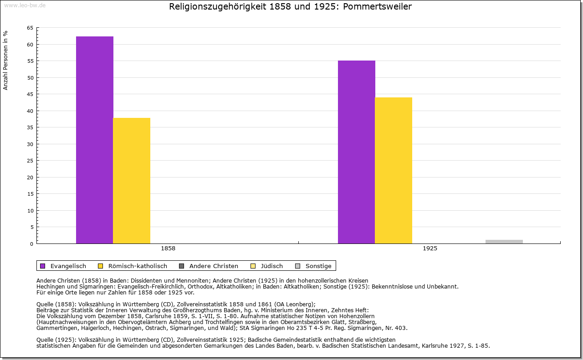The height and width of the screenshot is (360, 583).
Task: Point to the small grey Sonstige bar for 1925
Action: [504, 242]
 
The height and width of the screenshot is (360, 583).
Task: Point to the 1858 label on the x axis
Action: [168, 249]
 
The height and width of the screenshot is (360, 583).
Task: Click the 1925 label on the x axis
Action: [430, 249]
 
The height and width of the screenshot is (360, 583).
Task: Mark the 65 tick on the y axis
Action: [30, 28]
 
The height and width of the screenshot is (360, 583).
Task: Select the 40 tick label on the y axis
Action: [30, 111]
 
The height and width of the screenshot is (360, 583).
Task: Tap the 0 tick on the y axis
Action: [32, 244]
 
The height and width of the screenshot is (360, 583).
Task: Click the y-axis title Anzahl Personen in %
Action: [6, 60]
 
